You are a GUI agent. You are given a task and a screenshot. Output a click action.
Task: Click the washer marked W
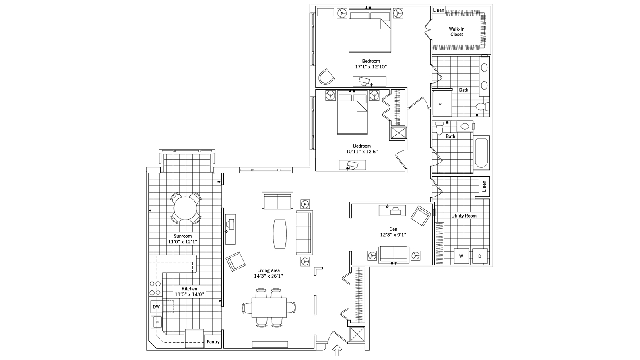(461, 256)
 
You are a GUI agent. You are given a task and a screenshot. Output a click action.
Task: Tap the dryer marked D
(479, 256)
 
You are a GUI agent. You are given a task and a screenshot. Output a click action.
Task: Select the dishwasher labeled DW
(156, 307)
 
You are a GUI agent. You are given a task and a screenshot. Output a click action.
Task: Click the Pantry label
(213, 342)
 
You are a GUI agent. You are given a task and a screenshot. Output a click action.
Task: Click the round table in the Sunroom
(185, 207)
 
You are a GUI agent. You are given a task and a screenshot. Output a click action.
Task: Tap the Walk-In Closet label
(457, 32)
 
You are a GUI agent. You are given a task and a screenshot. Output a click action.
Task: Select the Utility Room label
(464, 216)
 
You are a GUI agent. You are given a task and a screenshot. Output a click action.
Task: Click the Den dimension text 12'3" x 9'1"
(393, 235)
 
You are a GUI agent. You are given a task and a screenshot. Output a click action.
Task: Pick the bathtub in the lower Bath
(481, 153)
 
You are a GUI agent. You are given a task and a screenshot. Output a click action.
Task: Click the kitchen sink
(157, 321)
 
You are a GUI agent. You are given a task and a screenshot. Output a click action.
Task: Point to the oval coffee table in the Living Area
(280, 234)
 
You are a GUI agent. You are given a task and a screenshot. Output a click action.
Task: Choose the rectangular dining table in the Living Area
(269, 307)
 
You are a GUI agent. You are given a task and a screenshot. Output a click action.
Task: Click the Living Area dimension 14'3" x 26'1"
(268, 276)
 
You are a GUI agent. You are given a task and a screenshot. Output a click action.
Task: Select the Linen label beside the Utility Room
(484, 186)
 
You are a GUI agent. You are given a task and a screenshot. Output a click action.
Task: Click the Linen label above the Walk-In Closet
(438, 10)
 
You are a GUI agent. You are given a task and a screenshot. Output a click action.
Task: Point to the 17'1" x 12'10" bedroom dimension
(370, 67)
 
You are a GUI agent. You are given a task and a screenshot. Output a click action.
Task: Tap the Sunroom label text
(182, 236)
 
